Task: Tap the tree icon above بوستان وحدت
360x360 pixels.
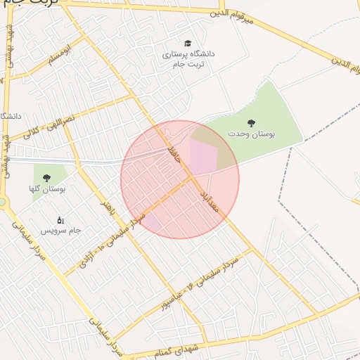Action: (x=252, y=123)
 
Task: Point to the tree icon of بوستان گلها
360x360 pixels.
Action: (x=47, y=179)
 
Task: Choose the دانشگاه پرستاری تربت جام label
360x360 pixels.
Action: (x=188, y=59)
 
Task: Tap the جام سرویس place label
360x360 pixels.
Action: (x=60, y=230)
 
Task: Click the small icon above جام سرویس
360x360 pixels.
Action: (x=60, y=220)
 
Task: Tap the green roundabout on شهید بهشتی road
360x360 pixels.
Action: (x=1, y=202)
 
